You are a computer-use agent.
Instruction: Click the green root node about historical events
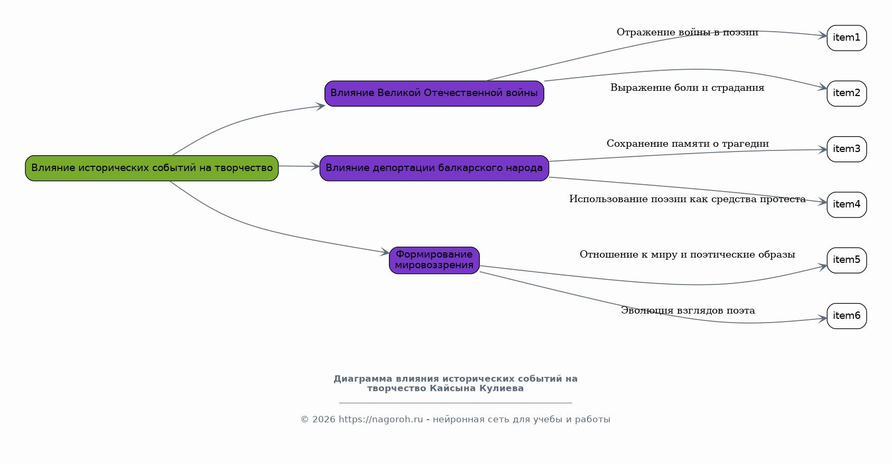click(152, 168)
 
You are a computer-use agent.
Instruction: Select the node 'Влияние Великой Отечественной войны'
click(434, 93)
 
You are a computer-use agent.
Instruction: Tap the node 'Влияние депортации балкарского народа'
click(434, 168)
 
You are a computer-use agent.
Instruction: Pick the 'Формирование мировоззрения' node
click(434, 260)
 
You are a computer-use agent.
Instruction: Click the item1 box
click(846, 38)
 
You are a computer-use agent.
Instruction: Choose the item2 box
click(846, 93)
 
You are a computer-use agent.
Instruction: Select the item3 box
click(846, 149)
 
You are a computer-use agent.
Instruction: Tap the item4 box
click(846, 205)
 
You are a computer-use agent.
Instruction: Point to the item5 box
click(846, 260)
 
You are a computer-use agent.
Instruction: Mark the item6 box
click(846, 316)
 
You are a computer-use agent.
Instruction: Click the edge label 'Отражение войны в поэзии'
click(687, 33)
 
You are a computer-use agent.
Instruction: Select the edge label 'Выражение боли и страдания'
click(687, 88)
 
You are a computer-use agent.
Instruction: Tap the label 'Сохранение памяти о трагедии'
click(687, 144)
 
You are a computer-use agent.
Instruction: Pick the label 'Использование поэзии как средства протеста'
click(687, 200)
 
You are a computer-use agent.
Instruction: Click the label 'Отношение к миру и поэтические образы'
click(687, 255)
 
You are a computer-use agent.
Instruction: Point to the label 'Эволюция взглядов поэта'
click(687, 311)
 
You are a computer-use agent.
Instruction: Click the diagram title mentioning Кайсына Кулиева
click(455, 384)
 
